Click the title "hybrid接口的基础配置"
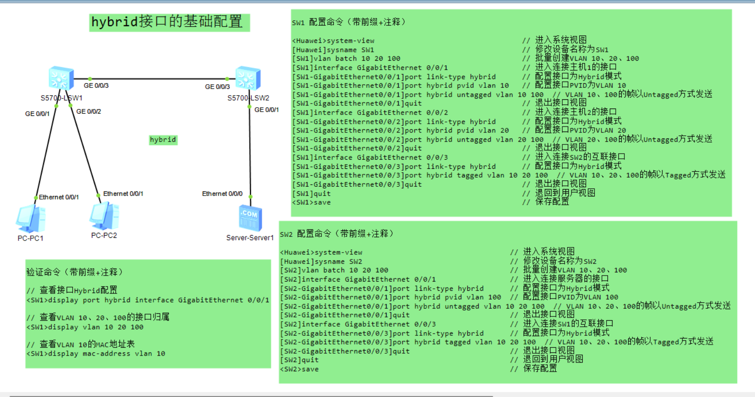point(167,22)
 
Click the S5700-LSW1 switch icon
point(61,78)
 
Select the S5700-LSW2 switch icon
point(248,78)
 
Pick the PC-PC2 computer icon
point(104,216)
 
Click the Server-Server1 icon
point(250,218)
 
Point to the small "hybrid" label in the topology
point(163,140)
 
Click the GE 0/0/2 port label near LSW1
point(89,111)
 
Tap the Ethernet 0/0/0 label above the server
point(222,194)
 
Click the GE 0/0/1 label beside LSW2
point(267,109)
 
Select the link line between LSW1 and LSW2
point(156,79)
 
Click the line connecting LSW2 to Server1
point(250,152)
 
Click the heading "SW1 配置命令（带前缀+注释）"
point(349,22)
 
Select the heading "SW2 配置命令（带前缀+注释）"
point(337,234)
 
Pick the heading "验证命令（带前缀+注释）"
point(74,272)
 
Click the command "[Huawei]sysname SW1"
point(333,50)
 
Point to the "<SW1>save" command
point(311,202)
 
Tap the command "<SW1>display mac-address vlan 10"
point(96,354)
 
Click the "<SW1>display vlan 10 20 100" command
point(85,327)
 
